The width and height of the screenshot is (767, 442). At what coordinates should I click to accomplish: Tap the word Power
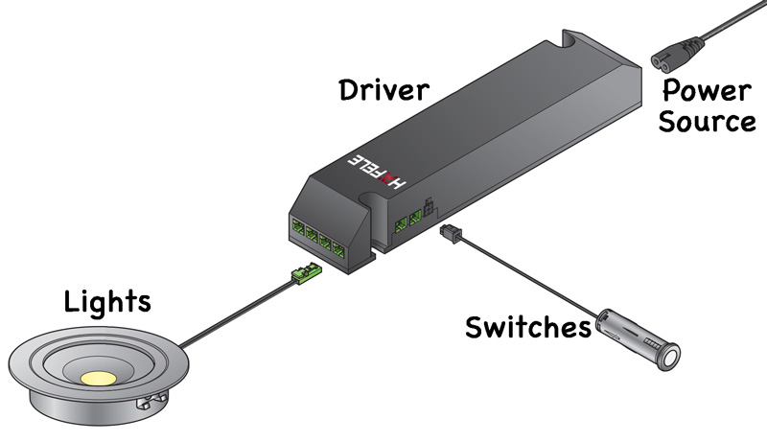click(x=708, y=92)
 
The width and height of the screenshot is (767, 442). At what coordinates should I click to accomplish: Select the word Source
click(x=709, y=123)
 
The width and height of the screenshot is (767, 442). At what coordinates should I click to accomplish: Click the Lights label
click(x=107, y=302)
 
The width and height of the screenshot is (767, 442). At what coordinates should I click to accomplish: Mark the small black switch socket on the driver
click(x=427, y=205)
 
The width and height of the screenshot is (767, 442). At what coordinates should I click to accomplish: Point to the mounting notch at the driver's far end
click(x=579, y=40)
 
